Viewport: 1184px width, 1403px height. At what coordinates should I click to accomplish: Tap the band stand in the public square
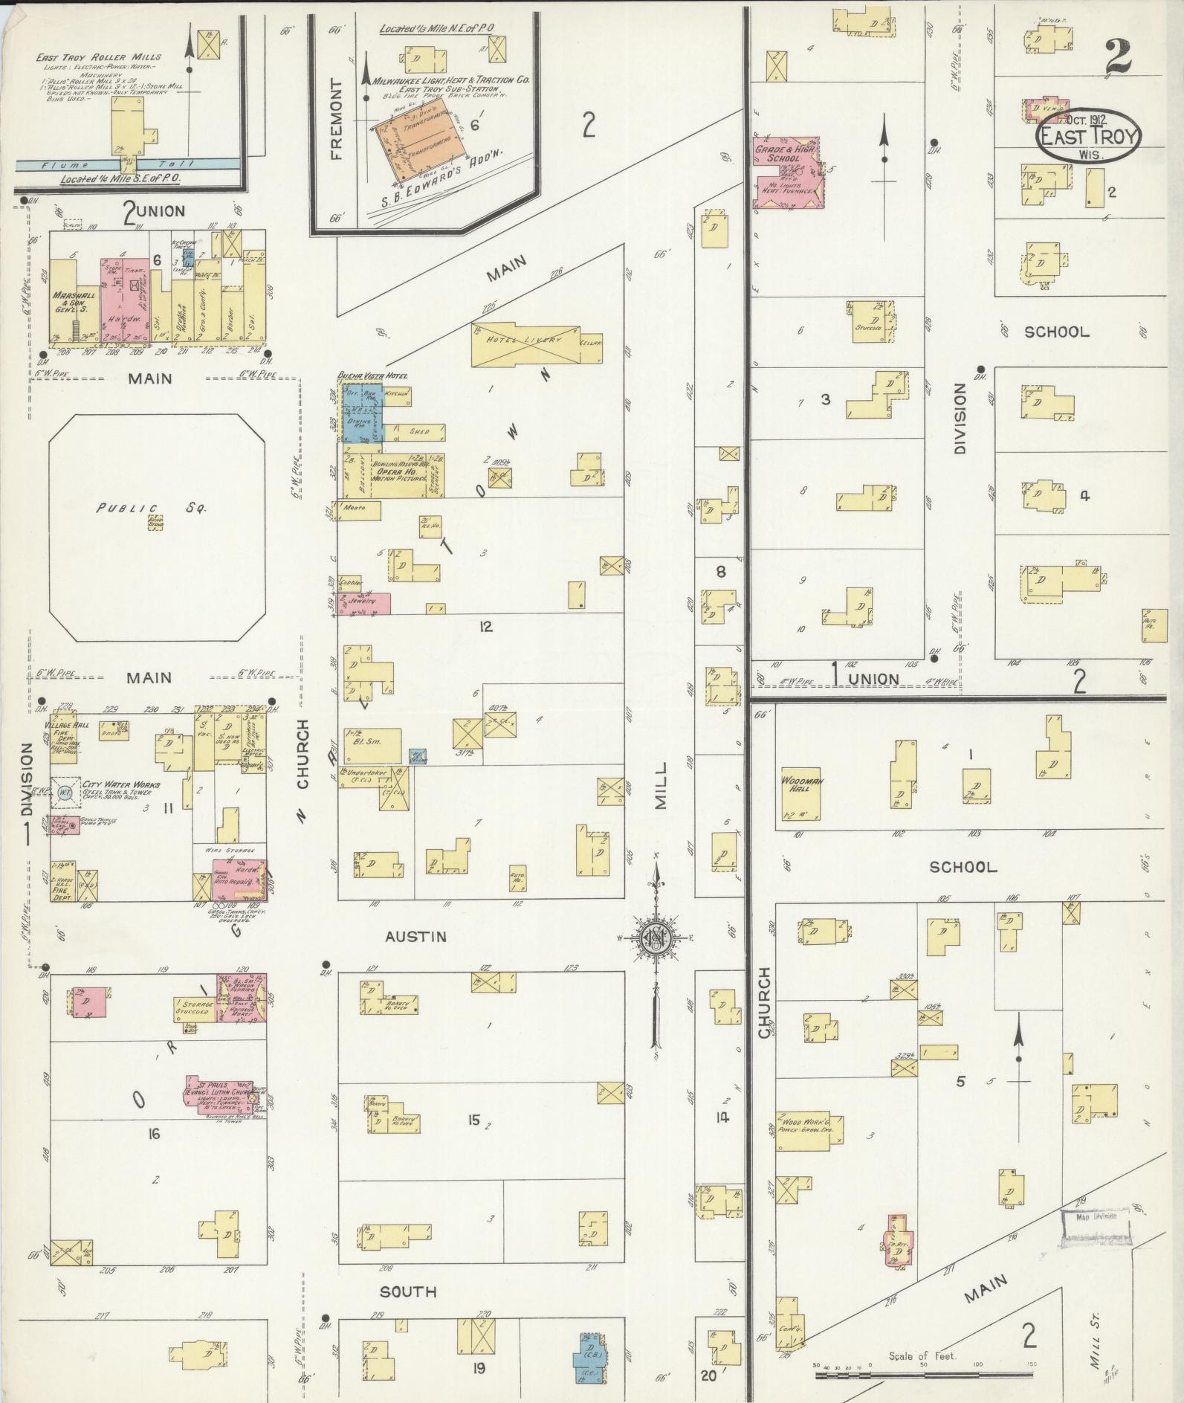156,524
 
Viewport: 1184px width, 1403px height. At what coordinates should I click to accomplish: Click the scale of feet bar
921,1375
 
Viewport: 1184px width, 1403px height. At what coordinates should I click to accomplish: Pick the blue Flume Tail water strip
126,165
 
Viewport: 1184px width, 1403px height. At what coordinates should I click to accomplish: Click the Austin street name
415,936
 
